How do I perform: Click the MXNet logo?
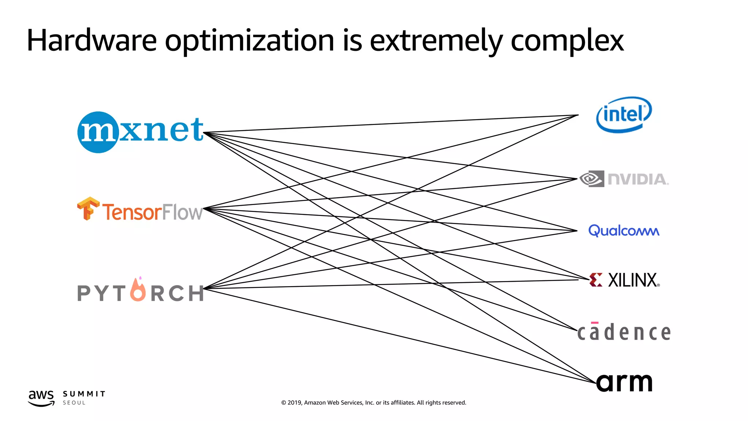click(140, 132)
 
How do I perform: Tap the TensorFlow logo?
click(140, 210)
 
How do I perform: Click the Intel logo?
click(624, 114)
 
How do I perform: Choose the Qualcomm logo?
click(624, 231)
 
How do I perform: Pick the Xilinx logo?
click(625, 280)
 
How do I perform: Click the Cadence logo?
click(624, 332)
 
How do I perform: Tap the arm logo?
click(624, 382)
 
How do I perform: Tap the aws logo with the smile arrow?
click(41, 398)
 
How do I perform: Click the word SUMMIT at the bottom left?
click(84, 394)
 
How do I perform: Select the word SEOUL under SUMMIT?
click(74, 403)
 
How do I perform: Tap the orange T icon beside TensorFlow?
click(88, 208)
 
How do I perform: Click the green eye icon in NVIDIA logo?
click(592, 179)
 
